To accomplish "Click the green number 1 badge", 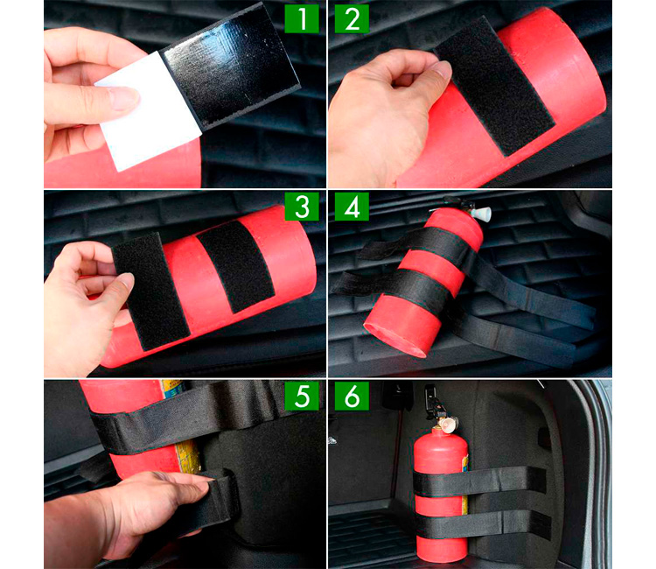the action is tap(302, 19).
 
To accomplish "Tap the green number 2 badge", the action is tap(352, 19).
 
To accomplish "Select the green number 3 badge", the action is tap(302, 207).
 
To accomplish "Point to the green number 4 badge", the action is tap(352, 207).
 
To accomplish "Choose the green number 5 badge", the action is tap(302, 396).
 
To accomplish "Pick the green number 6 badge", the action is tap(352, 396).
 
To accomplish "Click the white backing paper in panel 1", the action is tap(149, 111).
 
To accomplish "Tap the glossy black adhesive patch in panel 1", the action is tap(231, 67).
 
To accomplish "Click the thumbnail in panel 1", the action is tap(124, 98).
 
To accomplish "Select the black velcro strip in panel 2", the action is tap(493, 87).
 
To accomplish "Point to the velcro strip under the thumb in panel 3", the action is tap(150, 292).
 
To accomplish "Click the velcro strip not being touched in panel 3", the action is tap(235, 267).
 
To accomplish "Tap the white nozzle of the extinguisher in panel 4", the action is tap(482, 214).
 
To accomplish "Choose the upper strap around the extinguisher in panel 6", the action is tap(479, 481).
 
